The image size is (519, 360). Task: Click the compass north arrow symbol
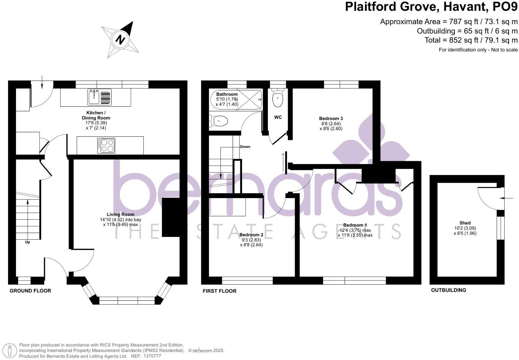tap(120, 39)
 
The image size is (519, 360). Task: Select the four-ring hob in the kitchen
tap(106, 146)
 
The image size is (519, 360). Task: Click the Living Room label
tap(120, 214)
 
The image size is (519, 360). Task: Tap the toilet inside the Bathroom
tap(219, 121)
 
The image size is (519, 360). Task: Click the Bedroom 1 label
tap(355, 225)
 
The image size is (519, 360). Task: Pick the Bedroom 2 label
tap(251, 235)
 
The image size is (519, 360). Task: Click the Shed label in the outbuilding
tap(465, 223)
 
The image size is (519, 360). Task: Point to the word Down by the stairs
tap(245, 147)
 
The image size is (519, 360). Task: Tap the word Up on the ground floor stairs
tap(28, 242)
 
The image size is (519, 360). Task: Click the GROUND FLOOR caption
tap(30, 291)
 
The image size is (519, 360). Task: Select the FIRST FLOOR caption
tap(219, 291)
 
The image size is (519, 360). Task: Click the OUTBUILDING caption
tap(449, 290)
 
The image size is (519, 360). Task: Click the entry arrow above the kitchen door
tap(42, 82)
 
